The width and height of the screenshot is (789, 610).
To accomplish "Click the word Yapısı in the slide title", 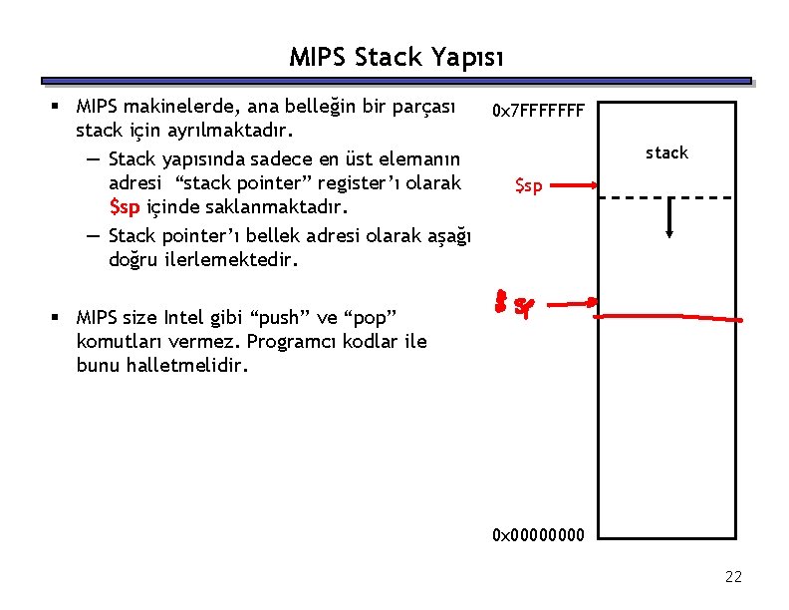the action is (x=467, y=57).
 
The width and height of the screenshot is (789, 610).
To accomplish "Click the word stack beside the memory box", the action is (x=666, y=152).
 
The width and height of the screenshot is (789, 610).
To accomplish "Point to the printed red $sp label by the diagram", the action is (x=528, y=185).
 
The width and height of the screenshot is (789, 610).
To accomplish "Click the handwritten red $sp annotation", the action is (x=513, y=305).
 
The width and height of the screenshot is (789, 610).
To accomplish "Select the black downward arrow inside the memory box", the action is (x=670, y=218).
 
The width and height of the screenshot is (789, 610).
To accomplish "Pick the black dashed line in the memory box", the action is (x=669, y=197).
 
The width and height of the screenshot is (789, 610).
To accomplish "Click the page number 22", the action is (x=733, y=577).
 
